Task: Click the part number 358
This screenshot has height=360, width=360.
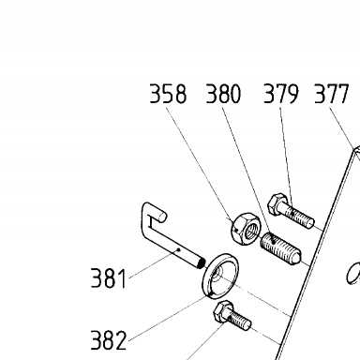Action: click(x=168, y=94)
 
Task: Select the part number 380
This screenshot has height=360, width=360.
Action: click(x=223, y=94)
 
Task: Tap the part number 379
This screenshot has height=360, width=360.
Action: click(x=281, y=94)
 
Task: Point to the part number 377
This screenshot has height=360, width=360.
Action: click(x=331, y=94)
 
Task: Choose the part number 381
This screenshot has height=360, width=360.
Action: click(x=109, y=277)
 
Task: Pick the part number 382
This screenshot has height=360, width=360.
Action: click(x=109, y=339)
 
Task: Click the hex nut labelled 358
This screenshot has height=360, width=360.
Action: click(x=246, y=229)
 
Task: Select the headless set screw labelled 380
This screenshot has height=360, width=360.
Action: click(x=280, y=247)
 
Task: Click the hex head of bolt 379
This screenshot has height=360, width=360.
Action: click(x=277, y=204)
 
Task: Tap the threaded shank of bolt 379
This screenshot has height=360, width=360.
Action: click(x=300, y=216)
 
